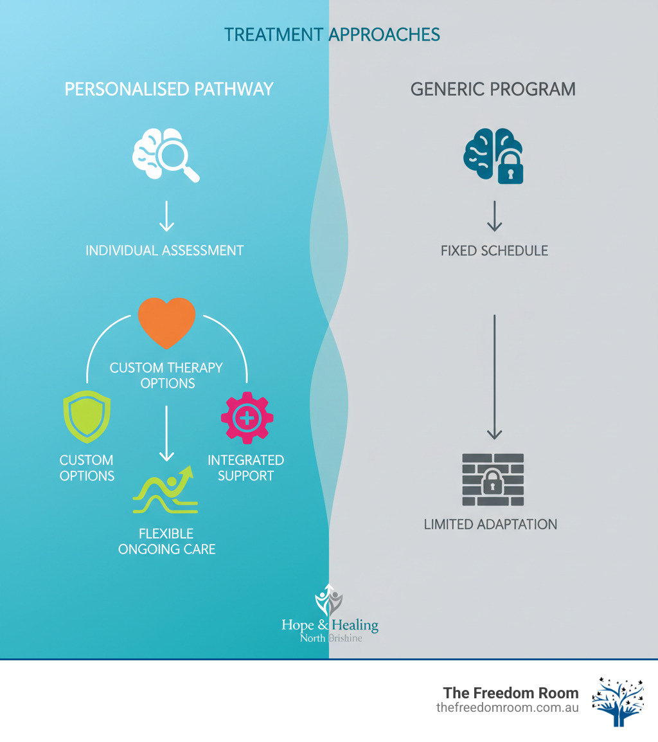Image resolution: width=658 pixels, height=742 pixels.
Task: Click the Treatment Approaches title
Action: (x=332, y=34)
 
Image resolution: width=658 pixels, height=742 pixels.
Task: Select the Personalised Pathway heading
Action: (x=169, y=89)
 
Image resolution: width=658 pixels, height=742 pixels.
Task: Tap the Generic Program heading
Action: (x=493, y=89)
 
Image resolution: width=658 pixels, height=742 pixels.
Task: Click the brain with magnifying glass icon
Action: (x=166, y=156)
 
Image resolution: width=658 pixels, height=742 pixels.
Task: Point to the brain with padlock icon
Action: (x=493, y=156)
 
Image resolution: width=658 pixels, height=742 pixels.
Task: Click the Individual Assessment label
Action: (x=164, y=250)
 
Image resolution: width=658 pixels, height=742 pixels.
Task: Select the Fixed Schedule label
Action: (x=494, y=250)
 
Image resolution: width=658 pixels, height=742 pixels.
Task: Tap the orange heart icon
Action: (x=166, y=321)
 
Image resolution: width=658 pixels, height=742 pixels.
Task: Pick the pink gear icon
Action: (x=247, y=419)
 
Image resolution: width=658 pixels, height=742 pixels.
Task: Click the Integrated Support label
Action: (x=245, y=468)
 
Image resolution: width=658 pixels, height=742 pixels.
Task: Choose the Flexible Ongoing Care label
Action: (x=167, y=541)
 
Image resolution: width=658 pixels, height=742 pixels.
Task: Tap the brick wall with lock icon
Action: (x=493, y=480)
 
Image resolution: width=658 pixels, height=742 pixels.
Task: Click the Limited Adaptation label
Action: (x=490, y=524)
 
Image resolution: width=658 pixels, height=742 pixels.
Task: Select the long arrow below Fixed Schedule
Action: (x=493, y=376)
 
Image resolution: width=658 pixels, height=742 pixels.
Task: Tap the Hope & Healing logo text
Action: (x=330, y=624)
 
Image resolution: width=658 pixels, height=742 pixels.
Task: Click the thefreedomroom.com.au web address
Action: (x=507, y=707)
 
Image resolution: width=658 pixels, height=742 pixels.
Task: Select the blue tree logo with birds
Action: (x=617, y=701)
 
